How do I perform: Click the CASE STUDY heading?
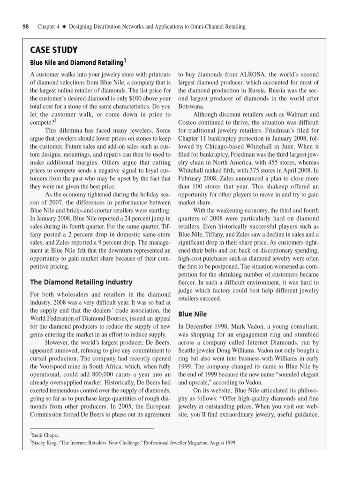click(x=54, y=50)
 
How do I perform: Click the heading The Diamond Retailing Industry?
click(x=81, y=282)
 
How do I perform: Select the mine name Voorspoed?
click(x=62, y=367)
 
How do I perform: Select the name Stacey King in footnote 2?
click(x=47, y=442)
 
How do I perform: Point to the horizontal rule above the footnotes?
click(x=92, y=428)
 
